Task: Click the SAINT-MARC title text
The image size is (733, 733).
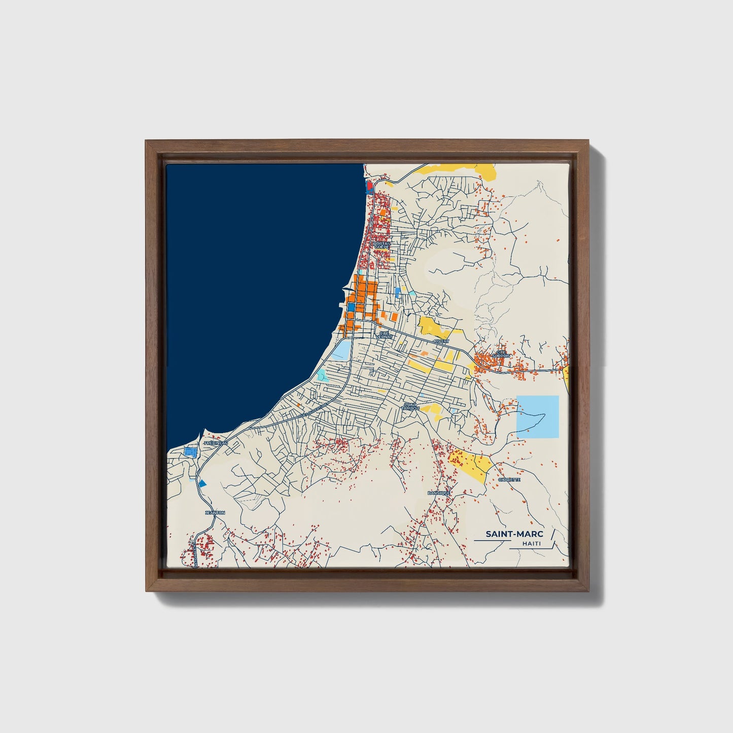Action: click(x=514, y=534)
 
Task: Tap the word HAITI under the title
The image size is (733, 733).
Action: click(x=531, y=544)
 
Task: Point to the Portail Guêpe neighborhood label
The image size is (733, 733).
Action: click(x=381, y=245)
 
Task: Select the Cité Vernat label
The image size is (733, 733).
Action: click(x=383, y=335)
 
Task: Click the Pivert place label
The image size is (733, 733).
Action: click(x=441, y=341)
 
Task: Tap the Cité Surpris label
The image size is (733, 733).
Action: click(x=501, y=354)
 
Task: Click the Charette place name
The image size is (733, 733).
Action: click(x=509, y=479)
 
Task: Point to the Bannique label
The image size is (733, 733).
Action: click(x=439, y=493)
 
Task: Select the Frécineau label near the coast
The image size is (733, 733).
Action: click(x=216, y=443)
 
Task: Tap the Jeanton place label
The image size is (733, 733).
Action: click(x=215, y=513)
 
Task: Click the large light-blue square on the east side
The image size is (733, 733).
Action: click(x=537, y=416)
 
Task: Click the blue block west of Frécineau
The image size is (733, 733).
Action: click(x=190, y=451)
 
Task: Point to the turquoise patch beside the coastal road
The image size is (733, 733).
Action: click(x=321, y=375)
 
